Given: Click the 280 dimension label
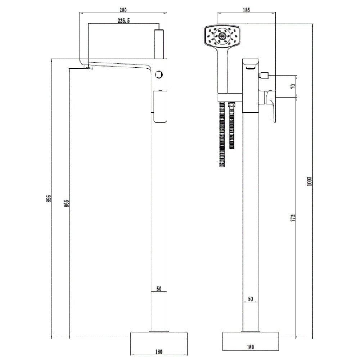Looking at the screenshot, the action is click(123, 10).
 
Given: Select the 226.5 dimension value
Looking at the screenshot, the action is click(124, 21).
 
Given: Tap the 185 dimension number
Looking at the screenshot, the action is click(246, 10).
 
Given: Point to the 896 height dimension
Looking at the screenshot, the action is click(49, 199).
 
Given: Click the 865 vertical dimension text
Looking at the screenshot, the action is click(66, 203).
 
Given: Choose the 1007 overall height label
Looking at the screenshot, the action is click(310, 181).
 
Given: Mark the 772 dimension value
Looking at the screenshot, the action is click(293, 218).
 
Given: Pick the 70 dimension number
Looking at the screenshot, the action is click(293, 86).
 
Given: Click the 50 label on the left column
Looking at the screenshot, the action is click(159, 289).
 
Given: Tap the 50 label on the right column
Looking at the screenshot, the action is click(251, 299).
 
